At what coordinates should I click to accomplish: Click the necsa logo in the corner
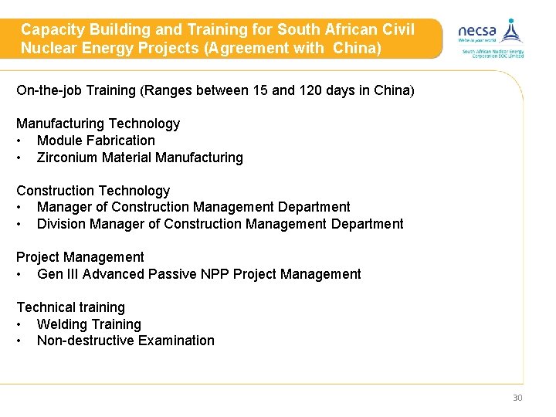[x=491, y=37]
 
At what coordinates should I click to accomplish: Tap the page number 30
[x=517, y=398]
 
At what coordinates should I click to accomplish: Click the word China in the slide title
[x=356, y=47]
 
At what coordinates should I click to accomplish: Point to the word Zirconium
[x=67, y=158]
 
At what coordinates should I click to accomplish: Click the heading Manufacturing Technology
[x=98, y=124]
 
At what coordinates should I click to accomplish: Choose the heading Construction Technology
[x=93, y=190]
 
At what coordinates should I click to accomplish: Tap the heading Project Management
[x=80, y=257]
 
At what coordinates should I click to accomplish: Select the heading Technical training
[x=70, y=307]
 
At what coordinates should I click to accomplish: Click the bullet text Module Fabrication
[x=96, y=141]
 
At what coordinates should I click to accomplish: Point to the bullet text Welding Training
[x=89, y=324]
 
